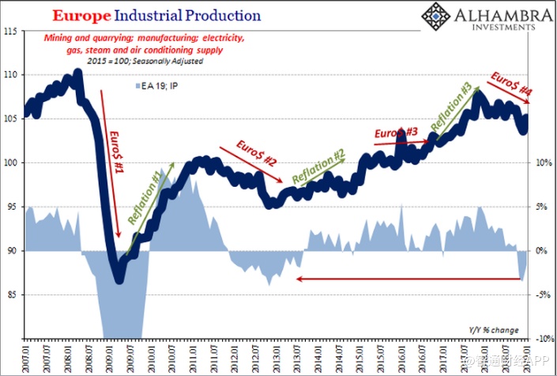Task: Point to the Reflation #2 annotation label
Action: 318,168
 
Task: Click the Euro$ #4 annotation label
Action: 512,85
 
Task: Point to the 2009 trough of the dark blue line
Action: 119,277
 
